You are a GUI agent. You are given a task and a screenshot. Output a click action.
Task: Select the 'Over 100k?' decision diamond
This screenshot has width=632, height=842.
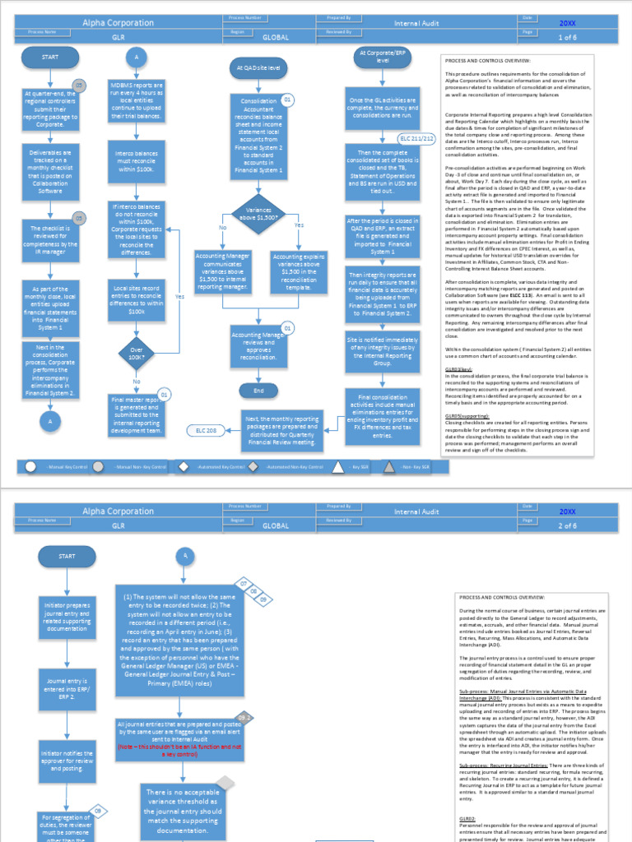[137, 354]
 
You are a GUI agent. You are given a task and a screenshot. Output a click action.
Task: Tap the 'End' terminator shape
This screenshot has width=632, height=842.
[258, 390]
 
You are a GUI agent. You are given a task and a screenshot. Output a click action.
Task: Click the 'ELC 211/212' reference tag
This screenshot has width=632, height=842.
[416, 139]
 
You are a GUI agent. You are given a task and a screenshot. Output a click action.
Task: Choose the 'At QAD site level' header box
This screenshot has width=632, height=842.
[258, 68]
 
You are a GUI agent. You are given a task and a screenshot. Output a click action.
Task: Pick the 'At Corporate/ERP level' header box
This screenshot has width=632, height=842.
[383, 57]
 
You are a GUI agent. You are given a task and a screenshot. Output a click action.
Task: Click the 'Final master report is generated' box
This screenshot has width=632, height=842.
[137, 415]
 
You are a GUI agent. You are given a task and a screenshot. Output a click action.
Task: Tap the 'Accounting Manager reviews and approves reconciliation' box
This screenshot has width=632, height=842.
[258, 346]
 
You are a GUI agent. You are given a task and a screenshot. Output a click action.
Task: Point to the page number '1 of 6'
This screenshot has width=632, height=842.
[568, 37]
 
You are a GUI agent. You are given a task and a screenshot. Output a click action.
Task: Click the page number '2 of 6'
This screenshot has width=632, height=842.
[568, 524]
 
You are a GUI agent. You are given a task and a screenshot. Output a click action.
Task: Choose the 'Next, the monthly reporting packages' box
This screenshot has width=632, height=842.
[281, 431]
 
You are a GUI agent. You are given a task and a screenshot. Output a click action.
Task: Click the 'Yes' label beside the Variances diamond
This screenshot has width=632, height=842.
[299, 225]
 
